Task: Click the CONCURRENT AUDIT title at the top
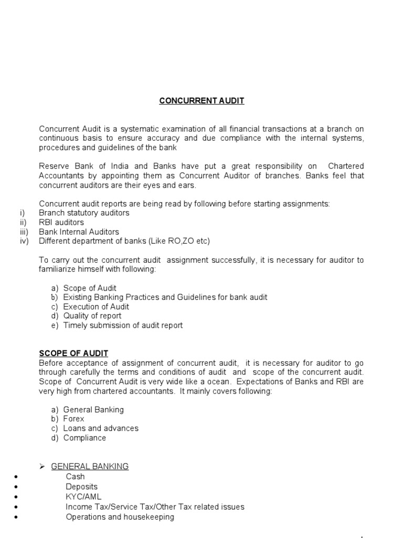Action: pyautogui.click(x=201, y=101)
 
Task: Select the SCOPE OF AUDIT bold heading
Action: pyautogui.click(x=73, y=354)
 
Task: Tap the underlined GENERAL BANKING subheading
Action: pyautogui.click(x=90, y=467)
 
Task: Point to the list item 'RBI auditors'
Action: pyautogui.click(x=61, y=222)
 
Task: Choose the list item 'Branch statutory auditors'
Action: pyautogui.click(x=84, y=213)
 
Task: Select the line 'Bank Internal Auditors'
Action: pyautogui.click(x=79, y=232)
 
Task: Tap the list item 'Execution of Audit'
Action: pyautogui.click(x=96, y=307)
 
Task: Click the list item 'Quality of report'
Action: pyautogui.click(x=92, y=316)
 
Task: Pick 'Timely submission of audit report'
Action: pyautogui.click(x=123, y=326)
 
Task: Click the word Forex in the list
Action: pyautogui.click(x=74, y=419)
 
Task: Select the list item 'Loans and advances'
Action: pyautogui.click(x=101, y=429)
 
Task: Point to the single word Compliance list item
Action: pyautogui.click(x=84, y=438)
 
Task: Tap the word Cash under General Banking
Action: pyautogui.click(x=75, y=477)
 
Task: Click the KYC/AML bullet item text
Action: pyautogui.click(x=84, y=497)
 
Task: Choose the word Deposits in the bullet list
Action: pyautogui.click(x=82, y=487)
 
